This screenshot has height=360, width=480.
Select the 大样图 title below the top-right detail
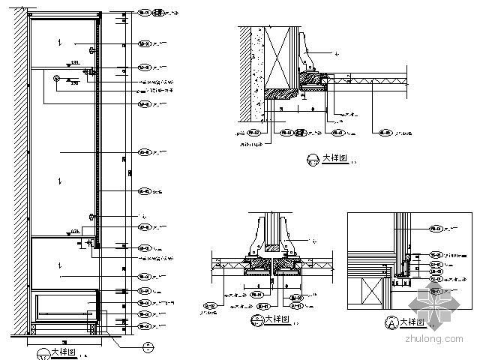click(x=334, y=158)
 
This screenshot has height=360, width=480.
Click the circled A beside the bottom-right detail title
click(x=388, y=323)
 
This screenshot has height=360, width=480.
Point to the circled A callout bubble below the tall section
click(x=147, y=346)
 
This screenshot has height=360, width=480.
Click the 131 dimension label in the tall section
click(x=75, y=62)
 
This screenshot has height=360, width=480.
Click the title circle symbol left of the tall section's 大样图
click(x=40, y=352)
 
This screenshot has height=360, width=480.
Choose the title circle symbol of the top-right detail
click(x=313, y=159)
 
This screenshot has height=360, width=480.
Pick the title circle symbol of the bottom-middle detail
click(x=255, y=320)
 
